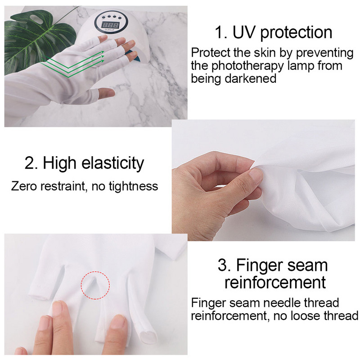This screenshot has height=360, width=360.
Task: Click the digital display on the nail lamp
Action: pyautogui.click(x=110, y=25)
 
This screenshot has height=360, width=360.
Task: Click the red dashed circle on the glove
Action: pyautogui.click(x=95, y=285)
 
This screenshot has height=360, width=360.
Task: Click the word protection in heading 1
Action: pyautogui.click(x=297, y=33)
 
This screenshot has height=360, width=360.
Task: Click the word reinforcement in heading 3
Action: pyautogui.click(x=275, y=282)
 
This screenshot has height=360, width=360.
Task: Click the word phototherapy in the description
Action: pyautogui.click(x=247, y=66)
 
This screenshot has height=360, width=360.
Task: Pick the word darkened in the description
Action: pyautogui.click(x=251, y=78)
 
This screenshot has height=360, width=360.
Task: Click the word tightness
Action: pyautogui.click(x=133, y=186)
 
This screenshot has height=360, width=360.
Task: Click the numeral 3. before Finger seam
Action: pyautogui.click(x=224, y=265)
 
